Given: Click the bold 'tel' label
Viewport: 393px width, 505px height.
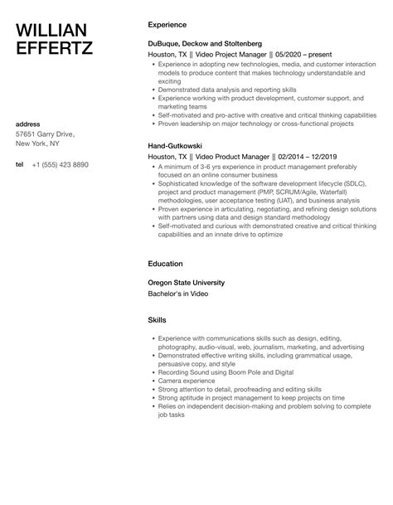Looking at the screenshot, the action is click(19, 164).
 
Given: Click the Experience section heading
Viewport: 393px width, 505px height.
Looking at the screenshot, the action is click(167, 24).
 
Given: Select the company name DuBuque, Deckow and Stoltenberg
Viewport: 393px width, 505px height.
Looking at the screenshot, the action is click(204, 42).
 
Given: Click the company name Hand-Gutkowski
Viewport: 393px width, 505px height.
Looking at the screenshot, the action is click(174, 144).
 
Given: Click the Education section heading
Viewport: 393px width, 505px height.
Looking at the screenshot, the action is click(165, 264).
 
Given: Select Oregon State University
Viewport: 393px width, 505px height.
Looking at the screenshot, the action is click(185, 282).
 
